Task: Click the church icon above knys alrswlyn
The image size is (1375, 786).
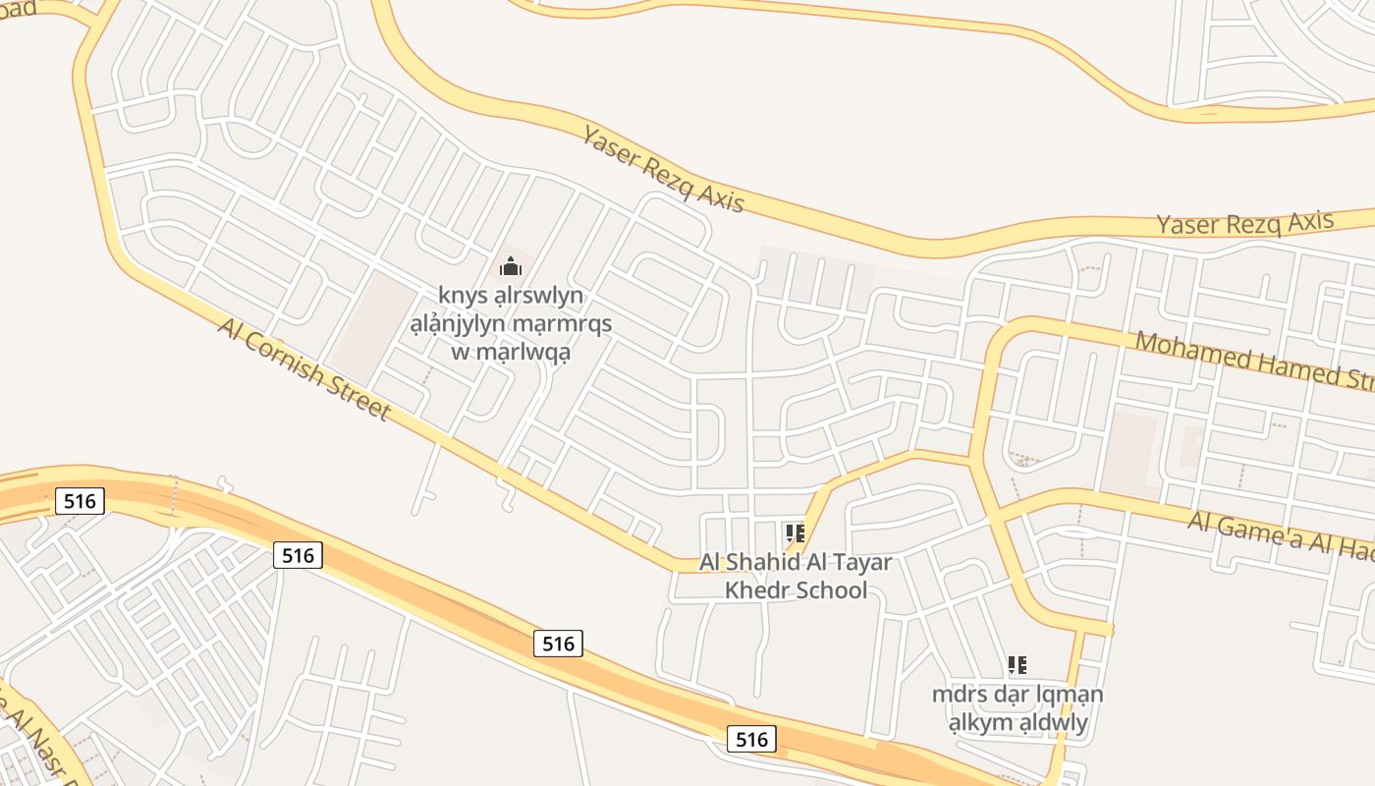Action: coord(510,266)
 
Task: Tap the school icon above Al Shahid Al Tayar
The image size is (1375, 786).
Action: coord(796,533)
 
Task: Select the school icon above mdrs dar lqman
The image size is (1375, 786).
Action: coord(1017,665)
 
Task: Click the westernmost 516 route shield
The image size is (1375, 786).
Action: coord(79,501)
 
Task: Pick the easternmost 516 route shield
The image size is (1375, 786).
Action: coord(752,739)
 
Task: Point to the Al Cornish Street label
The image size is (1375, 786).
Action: coord(304,367)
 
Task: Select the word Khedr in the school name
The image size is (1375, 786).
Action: coord(757,590)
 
